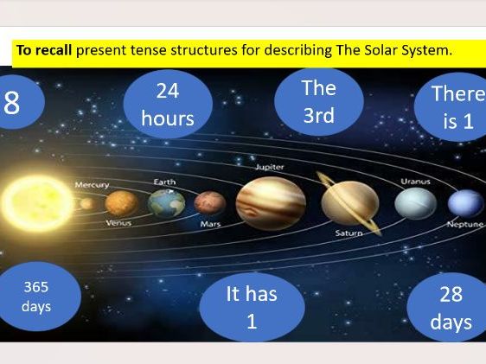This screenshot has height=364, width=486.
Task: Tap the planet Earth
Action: (x=166, y=202)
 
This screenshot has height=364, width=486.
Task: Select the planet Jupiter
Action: (x=271, y=202)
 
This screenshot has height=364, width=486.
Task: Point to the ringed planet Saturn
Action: (x=349, y=203)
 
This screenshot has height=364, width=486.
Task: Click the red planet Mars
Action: (x=209, y=202)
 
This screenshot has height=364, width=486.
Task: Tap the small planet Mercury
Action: (x=86, y=204)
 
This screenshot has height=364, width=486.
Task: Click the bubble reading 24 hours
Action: (x=168, y=104)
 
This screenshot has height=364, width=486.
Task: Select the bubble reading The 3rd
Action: (x=317, y=101)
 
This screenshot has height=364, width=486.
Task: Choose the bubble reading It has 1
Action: (x=252, y=305)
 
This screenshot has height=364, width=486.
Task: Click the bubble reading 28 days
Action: (x=451, y=308)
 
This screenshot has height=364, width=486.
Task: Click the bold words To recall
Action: (x=44, y=50)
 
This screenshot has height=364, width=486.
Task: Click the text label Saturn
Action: (x=349, y=233)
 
